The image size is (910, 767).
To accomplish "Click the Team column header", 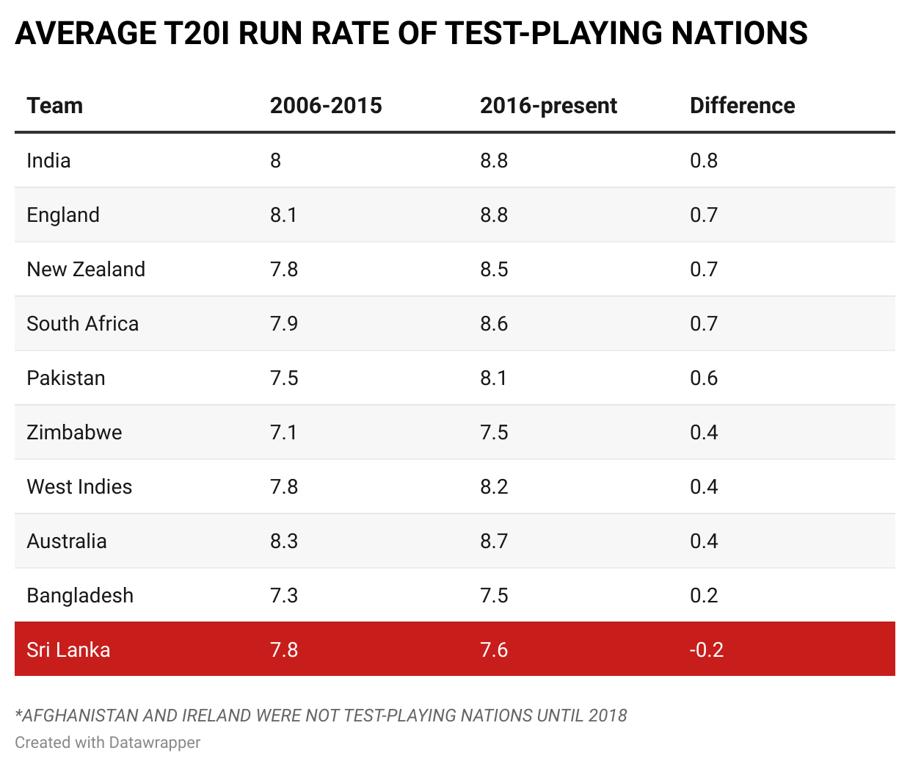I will (x=55, y=106).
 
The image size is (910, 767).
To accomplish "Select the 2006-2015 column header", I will (x=326, y=106).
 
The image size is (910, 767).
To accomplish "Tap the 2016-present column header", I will (x=548, y=106).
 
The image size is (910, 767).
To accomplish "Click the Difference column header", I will (x=742, y=106).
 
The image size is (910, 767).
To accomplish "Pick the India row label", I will (x=48, y=161).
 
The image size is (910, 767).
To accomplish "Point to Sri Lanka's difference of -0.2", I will (x=706, y=650).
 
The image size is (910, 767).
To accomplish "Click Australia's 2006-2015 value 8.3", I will (x=283, y=541).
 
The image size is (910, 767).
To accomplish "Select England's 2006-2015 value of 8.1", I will (x=283, y=215).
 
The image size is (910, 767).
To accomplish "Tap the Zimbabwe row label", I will (x=74, y=433).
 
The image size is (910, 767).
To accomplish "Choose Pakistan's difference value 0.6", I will (x=704, y=378).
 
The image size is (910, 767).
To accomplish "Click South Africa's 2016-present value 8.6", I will (x=494, y=324).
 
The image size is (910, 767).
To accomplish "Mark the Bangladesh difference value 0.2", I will (x=704, y=596).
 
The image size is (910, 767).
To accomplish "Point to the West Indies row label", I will (x=79, y=487).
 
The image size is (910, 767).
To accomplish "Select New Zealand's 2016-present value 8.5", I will (x=494, y=270).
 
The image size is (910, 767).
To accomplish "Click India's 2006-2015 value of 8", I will (x=275, y=161).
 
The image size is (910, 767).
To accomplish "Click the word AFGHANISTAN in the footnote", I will (x=80, y=716).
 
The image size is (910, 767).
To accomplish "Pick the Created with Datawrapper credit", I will (x=107, y=743).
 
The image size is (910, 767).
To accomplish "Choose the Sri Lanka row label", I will (x=68, y=650).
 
